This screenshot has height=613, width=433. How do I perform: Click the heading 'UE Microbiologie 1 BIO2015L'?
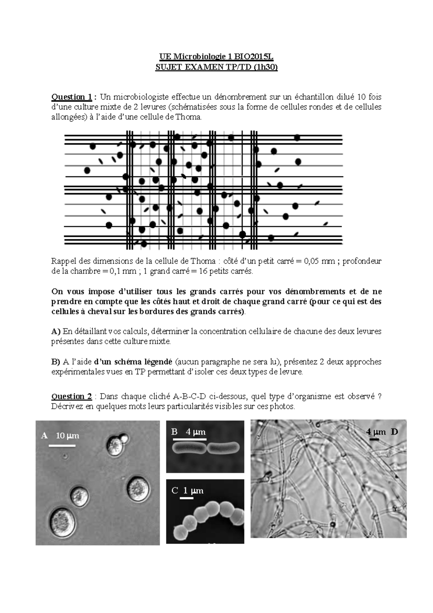tap(216, 57)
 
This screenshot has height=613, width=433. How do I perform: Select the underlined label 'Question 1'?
tap(72, 97)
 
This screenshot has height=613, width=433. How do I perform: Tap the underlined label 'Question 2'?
tap(72, 396)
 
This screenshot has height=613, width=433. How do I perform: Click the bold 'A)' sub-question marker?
tap(56, 331)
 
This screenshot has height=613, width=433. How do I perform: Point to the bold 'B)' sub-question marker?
tap(56, 362)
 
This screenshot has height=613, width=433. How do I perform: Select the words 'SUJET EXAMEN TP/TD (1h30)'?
tap(216, 67)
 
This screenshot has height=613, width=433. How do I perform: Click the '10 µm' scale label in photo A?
tap(67, 436)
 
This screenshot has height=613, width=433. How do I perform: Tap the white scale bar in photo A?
tap(62, 445)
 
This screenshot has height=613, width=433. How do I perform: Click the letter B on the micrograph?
tap(175, 432)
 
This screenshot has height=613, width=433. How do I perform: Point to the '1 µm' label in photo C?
tap(193, 491)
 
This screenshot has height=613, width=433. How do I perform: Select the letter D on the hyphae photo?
tap(394, 432)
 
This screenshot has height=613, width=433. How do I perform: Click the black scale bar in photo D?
tap(374, 439)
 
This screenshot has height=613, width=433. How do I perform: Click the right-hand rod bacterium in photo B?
tap(223, 448)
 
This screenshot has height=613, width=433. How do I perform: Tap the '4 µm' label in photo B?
tap(196, 432)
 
